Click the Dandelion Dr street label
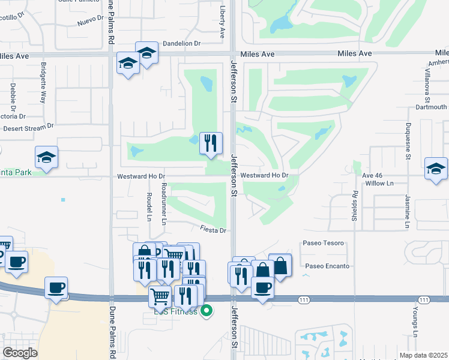coord(181,43)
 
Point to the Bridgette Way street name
coord(44,83)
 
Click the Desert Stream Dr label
coord(28,127)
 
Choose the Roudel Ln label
coord(150,205)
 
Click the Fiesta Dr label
coord(213,230)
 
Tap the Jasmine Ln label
coord(406,212)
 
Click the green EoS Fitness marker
coord(207,311)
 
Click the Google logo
coord(20,353)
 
